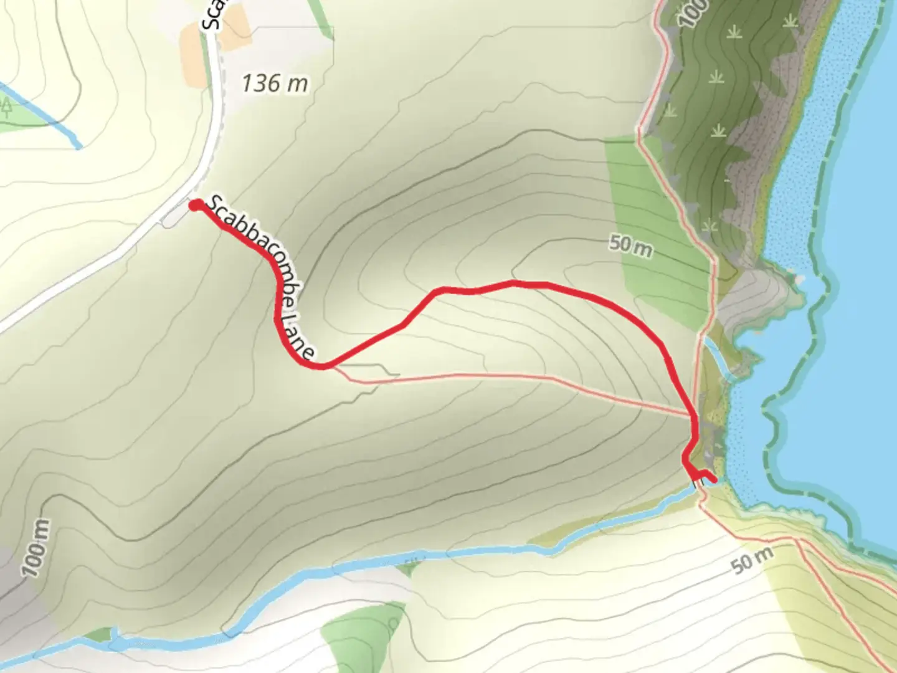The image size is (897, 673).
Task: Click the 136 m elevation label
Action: (x=275, y=83)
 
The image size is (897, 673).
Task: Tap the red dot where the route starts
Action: (x=195, y=206)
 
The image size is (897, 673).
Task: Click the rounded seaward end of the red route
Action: (x=712, y=478)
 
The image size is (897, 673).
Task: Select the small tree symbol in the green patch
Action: (x=7, y=108)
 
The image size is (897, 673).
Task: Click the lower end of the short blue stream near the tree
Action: (x=78, y=147)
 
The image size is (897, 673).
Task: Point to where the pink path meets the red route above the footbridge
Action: (x=693, y=416)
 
